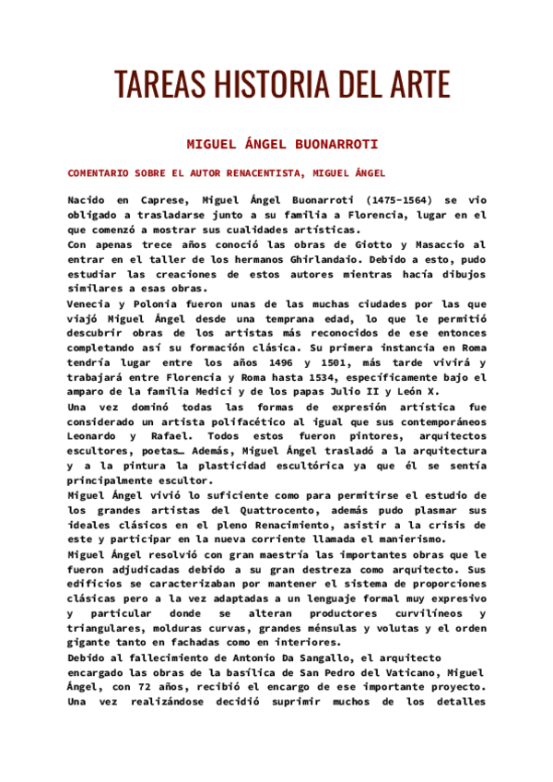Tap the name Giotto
[375, 244]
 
